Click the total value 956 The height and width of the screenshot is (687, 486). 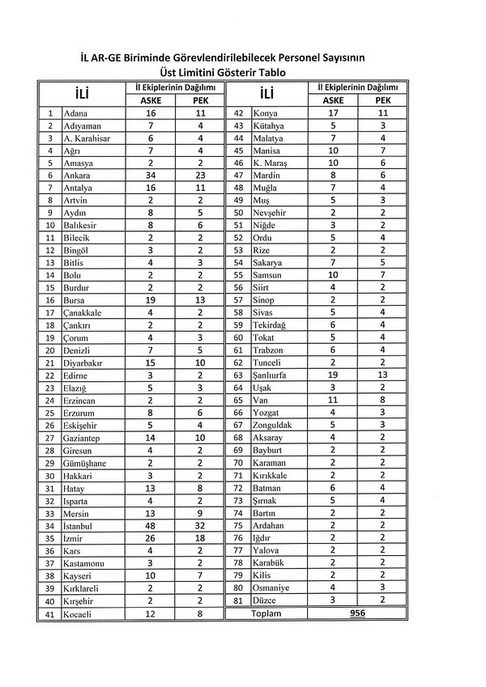tap(356, 614)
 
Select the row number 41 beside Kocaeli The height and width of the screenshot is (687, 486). tap(50, 614)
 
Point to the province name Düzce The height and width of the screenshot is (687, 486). tap(268, 600)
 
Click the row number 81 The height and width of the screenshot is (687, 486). tap(239, 600)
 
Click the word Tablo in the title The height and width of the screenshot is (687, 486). tap(269, 72)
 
